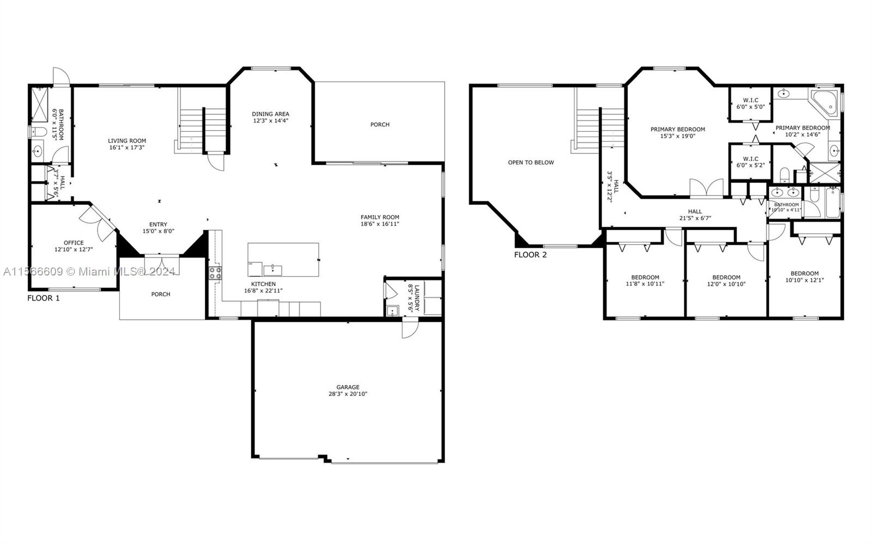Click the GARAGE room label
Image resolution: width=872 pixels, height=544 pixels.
[x=348, y=387]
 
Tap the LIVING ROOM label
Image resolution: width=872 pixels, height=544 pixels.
[x=127, y=140]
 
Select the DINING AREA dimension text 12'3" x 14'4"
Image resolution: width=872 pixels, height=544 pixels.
[x=270, y=120]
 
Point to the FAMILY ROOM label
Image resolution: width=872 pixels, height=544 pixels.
[x=379, y=217]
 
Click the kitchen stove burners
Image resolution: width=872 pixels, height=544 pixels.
[x=215, y=273]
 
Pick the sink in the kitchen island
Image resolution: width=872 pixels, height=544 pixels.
[x=272, y=270]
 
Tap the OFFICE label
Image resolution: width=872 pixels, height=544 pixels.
[x=74, y=243]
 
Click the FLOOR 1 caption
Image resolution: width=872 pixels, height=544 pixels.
[x=44, y=298]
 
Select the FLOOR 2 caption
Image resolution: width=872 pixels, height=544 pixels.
[x=530, y=255]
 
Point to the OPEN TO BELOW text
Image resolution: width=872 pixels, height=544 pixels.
[x=531, y=162]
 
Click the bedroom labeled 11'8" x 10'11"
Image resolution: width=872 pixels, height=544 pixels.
[x=645, y=280]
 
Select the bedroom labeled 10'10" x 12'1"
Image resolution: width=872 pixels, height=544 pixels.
[x=804, y=277]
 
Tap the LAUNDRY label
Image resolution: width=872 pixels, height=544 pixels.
[x=417, y=297]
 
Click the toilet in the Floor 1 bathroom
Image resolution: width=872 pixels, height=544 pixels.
[x=38, y=131]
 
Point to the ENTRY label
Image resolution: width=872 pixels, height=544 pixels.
[x=158, y=224]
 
